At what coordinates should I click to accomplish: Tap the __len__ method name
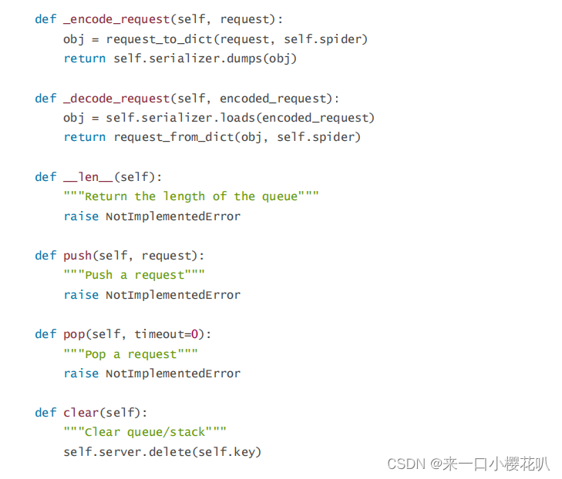pyautogui.click(x=88, y=176)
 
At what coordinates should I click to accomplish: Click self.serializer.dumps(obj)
pyautogui.click(x=204, y=58)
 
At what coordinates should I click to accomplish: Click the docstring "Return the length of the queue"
pyautogui.click(x=191, y=196)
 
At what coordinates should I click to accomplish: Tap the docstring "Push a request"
pyautogui.click(x=134, y=275)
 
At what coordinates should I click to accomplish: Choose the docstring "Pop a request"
pyautogui.click(x=131, y=354)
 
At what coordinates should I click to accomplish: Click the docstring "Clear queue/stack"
pyautogui.click(x=145, y=432)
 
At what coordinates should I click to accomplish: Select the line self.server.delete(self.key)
pyautogui.click(x=162, y=452)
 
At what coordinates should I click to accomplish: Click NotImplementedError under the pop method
pyautogui.click(x=173, y=373)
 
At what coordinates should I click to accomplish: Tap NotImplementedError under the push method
pyautogui.click(x=173, y=295)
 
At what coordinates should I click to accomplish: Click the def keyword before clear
pyautogui.click(x=45, y=413)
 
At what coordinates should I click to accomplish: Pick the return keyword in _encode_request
pyautogui.click(x=84, y=58)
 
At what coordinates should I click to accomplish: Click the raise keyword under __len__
pyautogui.click(x=81, y=216)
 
